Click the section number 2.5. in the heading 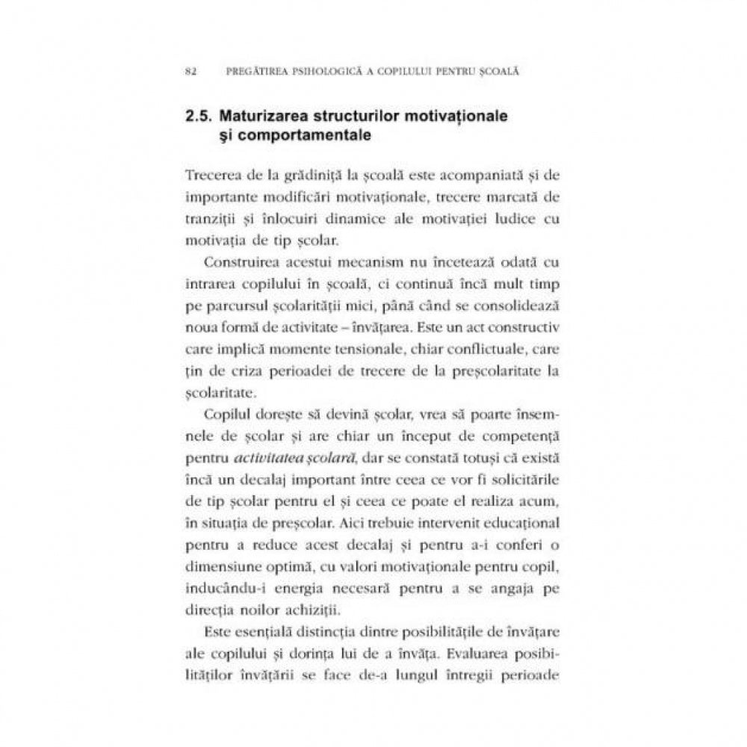click(x=198, y=118)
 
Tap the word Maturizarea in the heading click(x=264, y=118)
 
